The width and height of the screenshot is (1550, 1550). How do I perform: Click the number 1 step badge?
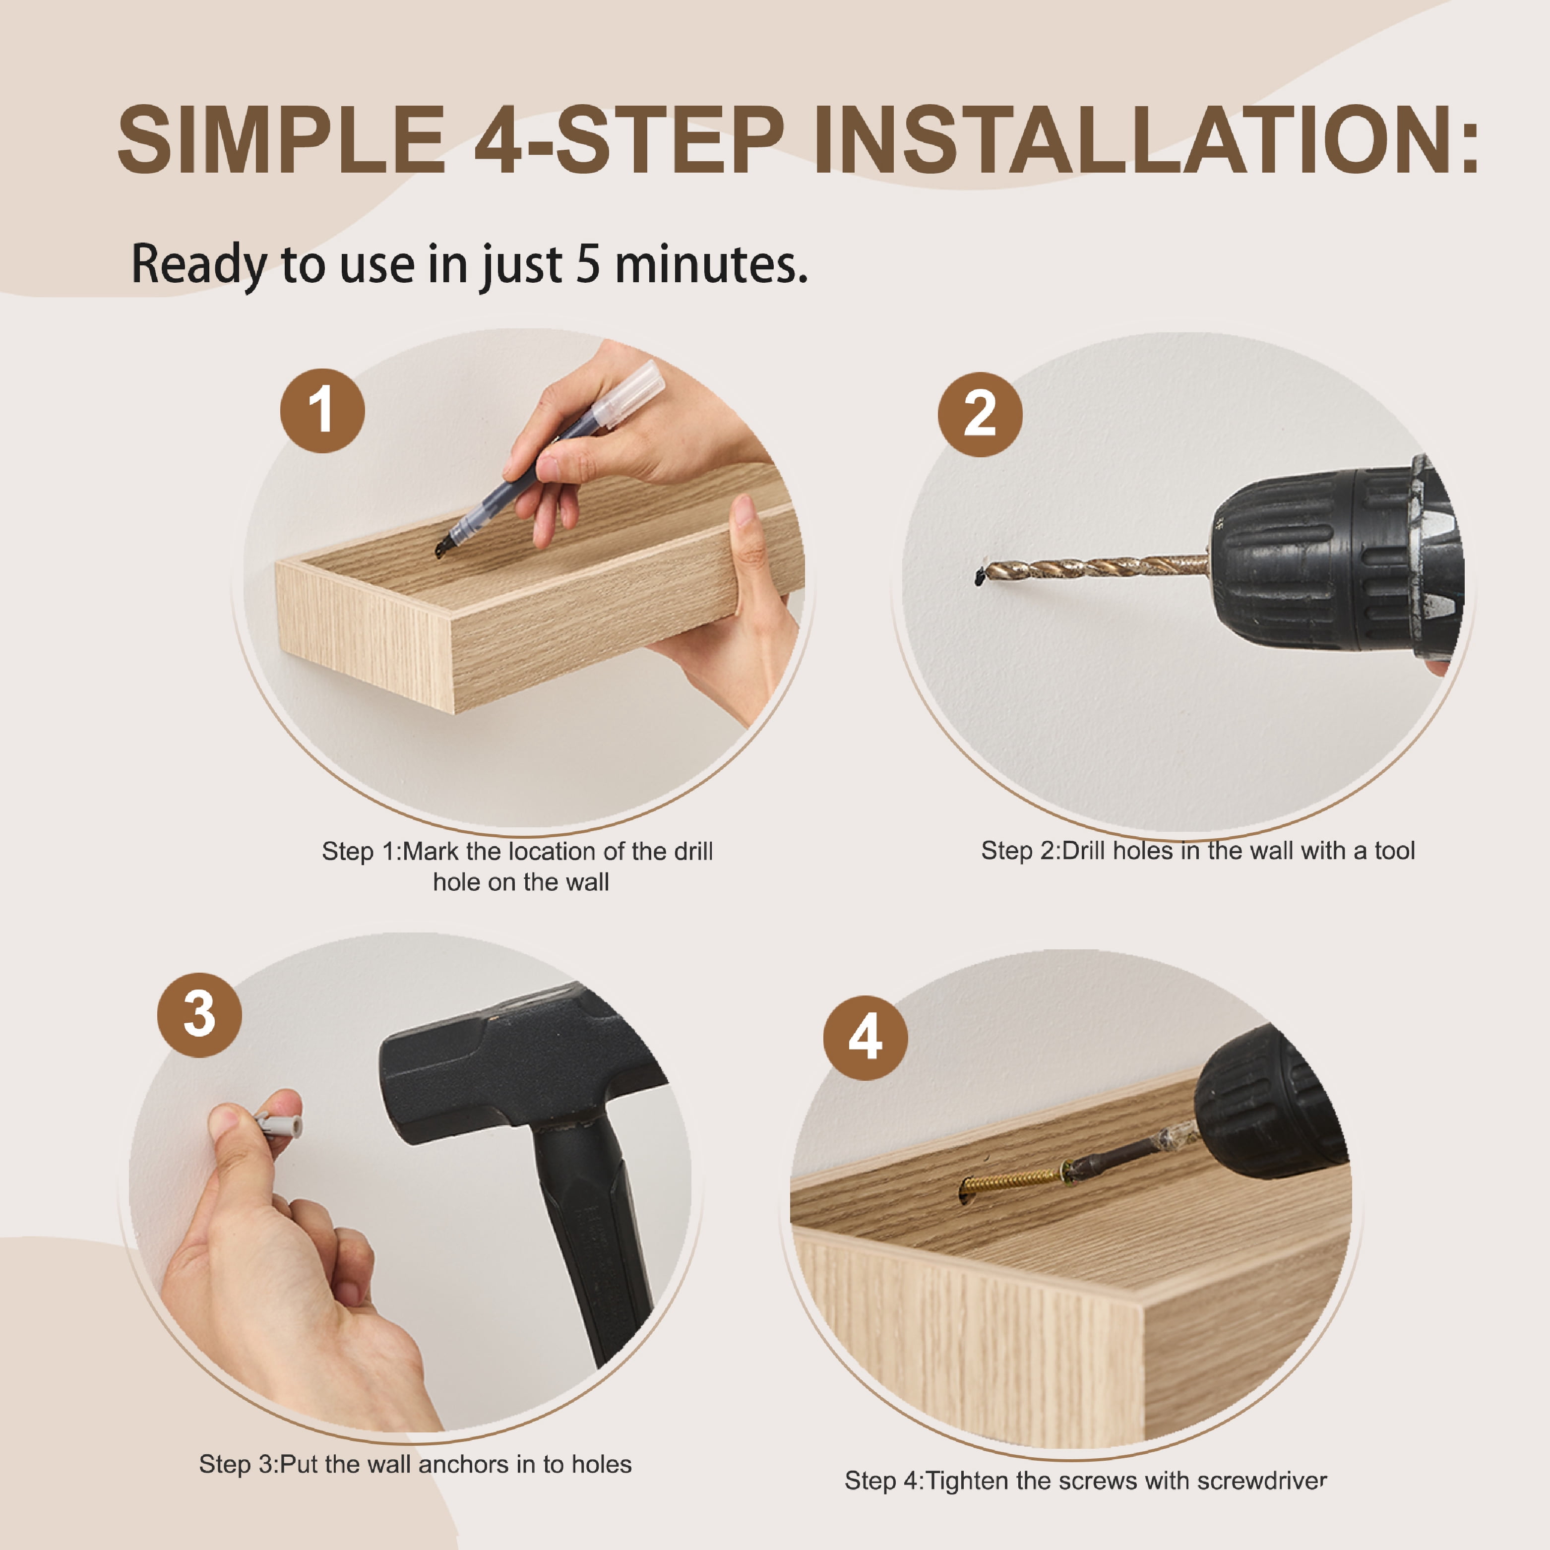tap(322, 411)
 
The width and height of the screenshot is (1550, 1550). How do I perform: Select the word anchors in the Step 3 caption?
tap(464, 1464)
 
